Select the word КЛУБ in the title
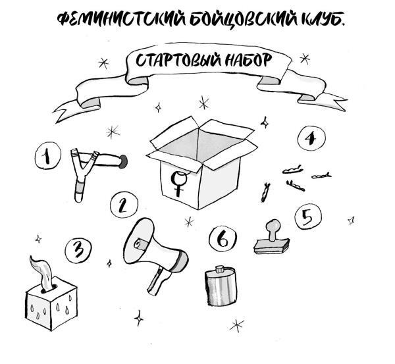(322, 20)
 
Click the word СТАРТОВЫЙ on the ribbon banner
(178, 61)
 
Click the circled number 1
(47, 155)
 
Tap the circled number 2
(124, 204)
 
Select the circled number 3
(78, 250)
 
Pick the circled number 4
(311, 138)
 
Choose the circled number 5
(308, 217)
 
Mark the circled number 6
(223, 238)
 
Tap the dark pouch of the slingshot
(123, 161)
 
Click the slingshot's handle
(79, 189)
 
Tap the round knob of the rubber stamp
(274, 226)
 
